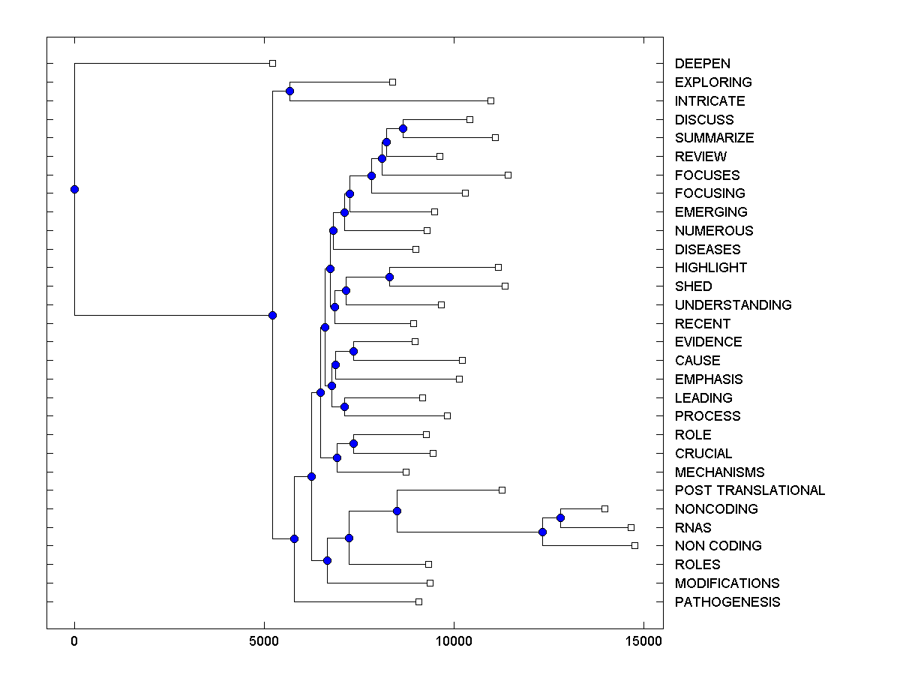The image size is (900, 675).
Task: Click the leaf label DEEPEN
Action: [x=702, y=64]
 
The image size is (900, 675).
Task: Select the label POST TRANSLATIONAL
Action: [x=749, y=490]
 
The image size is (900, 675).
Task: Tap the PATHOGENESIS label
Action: [x=727, y=602]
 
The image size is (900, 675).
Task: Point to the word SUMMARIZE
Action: [x=714, y=138]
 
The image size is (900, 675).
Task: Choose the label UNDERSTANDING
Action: [x=733, y=305]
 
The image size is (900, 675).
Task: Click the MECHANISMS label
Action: [x=719, y=472]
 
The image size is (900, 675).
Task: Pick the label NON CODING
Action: [x=718, y=546]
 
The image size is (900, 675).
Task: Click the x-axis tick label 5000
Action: [x=264, y=641]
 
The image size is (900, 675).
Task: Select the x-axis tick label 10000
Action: [x=453, y=641]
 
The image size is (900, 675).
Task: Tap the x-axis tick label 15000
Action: [x=643, y=641]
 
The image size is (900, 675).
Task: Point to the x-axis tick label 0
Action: [x=74, y=641]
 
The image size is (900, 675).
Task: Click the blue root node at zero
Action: [x=74, y=189]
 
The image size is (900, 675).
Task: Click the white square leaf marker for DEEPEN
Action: [x=273, y=64]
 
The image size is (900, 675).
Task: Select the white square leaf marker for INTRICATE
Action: [x=490, y=100]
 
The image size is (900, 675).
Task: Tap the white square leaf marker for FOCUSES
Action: [x=508, y=175]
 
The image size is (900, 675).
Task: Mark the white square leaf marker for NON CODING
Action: [x=634, y=545]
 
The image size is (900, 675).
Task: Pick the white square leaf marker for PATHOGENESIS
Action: [x=418, y=601]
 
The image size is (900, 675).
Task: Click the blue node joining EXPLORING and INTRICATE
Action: [x=289, y=91]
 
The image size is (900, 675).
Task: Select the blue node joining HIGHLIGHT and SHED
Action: [x=389, y=277]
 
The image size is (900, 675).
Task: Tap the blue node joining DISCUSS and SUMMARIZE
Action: [x=403, y=129]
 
